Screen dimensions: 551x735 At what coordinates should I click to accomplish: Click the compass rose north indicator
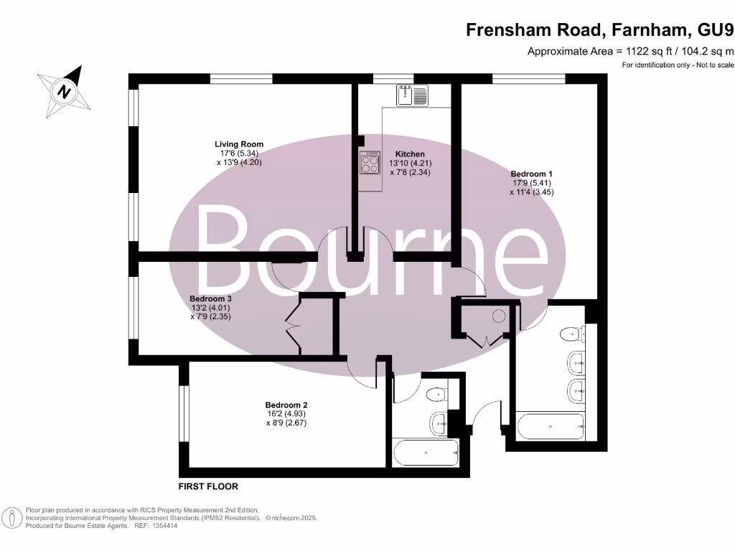(65, 92)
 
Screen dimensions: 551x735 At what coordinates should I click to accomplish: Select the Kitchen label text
(410, 154)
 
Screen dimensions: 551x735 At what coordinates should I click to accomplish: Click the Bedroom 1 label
(531, 174)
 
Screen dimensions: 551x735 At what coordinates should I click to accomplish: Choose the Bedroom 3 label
(210, 298)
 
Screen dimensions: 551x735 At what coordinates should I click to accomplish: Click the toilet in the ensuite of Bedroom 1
(573, 334)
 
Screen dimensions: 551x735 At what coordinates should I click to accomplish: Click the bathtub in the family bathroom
(426, 453)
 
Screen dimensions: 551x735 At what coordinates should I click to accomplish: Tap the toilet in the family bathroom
(436, 395)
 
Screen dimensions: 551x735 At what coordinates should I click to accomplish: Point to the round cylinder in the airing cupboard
(498, 315)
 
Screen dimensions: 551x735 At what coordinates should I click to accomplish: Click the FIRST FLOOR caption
(207, 486)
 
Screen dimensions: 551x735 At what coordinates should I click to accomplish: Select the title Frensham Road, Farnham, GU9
(599, 30)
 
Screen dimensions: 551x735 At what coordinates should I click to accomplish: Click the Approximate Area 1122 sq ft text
(631, 51)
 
